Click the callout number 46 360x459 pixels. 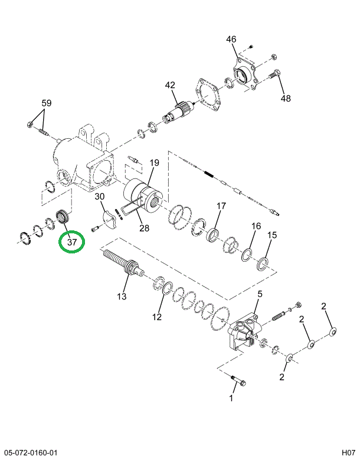click(x=231, y=39)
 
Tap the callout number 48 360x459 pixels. click(x=286, y=98)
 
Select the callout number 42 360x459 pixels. click(x=170, y=85)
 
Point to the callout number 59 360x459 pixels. click(x=46, y=103)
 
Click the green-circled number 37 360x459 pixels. click(x=72, y=242)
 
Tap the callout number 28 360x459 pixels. click(x=144, y=228)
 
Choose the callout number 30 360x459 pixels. click(x=99, y=197)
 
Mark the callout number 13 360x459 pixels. click(x=122, y=296)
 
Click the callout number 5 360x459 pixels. click(x=260, y=294)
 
